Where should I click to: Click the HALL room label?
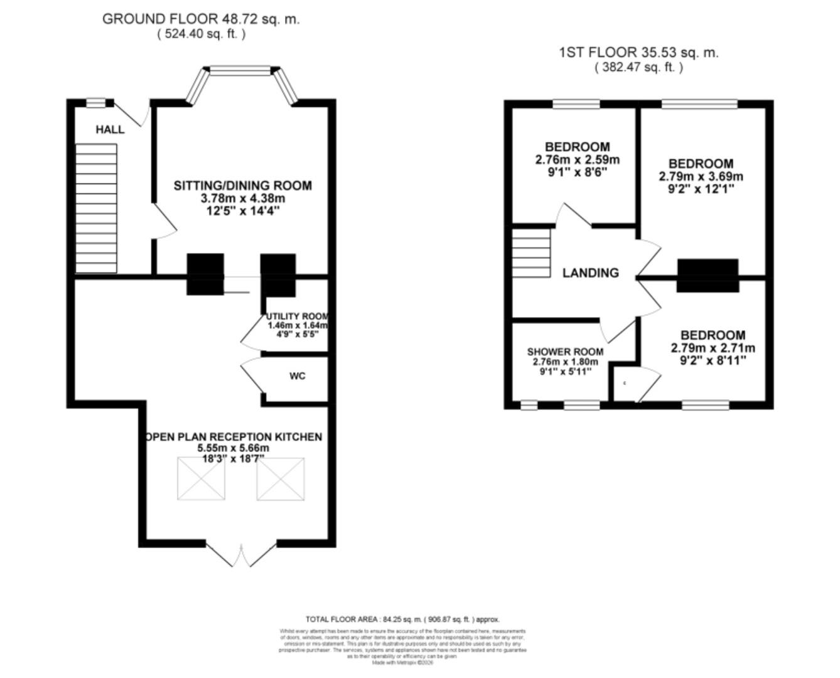[110, 130]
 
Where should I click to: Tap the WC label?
[298, 376]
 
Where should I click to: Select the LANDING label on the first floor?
[590, 273]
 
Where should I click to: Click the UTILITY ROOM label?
[297, 316]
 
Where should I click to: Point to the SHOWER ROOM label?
[565, 352]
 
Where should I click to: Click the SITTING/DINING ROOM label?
[242, 186]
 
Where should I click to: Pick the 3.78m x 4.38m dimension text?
[242, 198]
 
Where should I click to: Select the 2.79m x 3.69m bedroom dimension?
[701, 176]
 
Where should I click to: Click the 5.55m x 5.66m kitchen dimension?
[233, 448]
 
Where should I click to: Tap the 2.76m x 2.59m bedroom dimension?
[577, 160]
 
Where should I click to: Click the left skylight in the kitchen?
[201, 479]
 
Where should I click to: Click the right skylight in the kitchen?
[281, 479]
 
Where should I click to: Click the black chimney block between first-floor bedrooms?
[707, 276]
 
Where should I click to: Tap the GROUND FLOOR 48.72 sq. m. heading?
[201, 19]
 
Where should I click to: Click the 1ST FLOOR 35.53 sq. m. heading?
[638, 53]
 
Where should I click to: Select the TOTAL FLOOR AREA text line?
[402, 619]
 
